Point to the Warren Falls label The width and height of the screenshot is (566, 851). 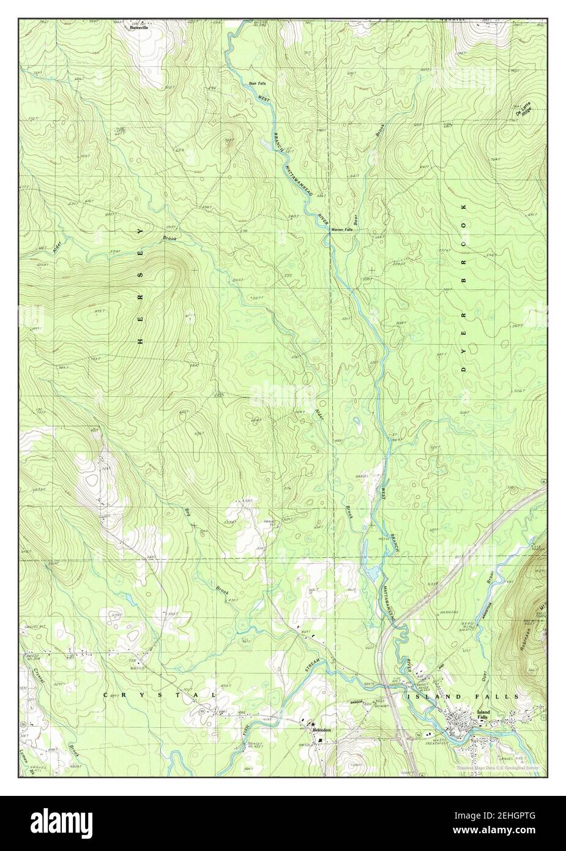[341, 230]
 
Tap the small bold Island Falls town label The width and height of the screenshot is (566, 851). [483, 714]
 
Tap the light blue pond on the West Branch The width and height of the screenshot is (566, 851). [371, 573]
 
